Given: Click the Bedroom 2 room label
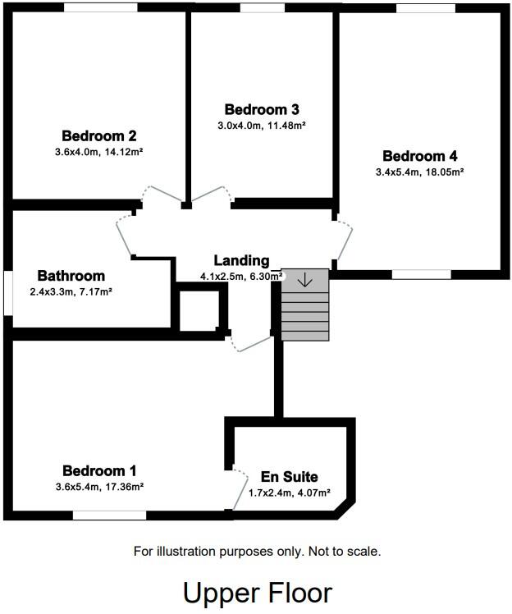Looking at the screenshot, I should tap(98, 136).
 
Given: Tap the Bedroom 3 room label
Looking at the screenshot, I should tap(261, 109).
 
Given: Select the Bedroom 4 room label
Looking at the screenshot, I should tap(419, 156).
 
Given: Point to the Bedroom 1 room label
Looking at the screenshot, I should tap(99, 470).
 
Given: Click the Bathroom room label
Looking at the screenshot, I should tap(71, 276).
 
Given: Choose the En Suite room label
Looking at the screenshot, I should tap(289, 476).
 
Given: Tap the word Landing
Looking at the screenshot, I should tap(241, 260).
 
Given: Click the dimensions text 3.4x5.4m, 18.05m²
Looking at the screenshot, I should tap(419, 172).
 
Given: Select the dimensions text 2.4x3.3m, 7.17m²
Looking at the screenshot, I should tap(71, 291).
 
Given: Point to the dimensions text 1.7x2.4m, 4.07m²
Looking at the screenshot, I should tap(289, 493).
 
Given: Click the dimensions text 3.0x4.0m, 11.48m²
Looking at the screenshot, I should tap(261, 125).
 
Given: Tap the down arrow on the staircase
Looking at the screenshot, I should tap(304, 280).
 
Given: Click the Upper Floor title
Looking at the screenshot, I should tap(257, 592).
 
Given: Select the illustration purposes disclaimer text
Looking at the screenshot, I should tap(257, 552).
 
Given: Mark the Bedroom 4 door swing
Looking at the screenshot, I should tap(345, 239).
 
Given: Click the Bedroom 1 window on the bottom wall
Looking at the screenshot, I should tap(109, 515).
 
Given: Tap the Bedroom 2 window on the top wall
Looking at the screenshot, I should tap(100, 7).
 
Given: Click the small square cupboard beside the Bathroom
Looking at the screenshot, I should tap(199, 310).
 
